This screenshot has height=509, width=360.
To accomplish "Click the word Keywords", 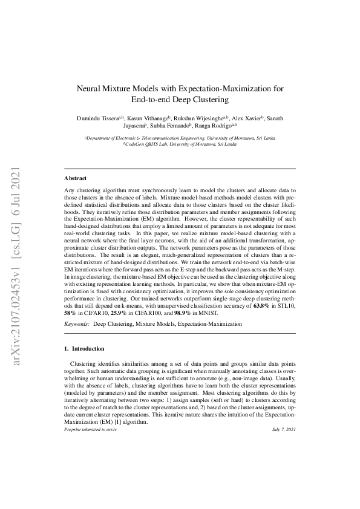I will (x=77, y=325).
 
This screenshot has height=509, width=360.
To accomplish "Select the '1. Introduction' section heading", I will (x=84, y=349).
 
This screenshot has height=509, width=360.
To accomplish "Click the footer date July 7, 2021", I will (x=284, y=429).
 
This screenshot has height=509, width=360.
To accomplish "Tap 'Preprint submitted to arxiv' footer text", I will (x=90, y=429).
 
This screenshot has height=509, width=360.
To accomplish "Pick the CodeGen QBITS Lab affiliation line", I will (x=180, y=145).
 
